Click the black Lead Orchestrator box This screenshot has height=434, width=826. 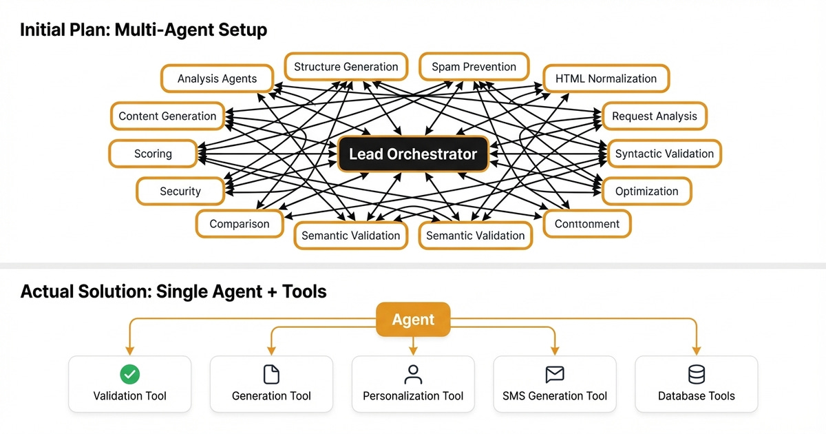(412, 154)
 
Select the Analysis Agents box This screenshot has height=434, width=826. (217, 79)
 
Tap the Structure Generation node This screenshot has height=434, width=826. (346, 67)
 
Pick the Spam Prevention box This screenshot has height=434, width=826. (474, 67)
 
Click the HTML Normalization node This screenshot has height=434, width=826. (606, 79)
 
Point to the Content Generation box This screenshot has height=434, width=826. (167, 116)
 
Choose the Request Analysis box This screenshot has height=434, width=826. (654, 116)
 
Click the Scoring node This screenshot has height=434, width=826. (153, 154)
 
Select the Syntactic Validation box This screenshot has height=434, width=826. (664, 154)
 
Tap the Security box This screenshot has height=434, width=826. (180, 192)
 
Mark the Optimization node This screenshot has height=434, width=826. (646, 192)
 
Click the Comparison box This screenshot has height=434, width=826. (239, 224)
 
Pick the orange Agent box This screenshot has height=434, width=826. (413, 320)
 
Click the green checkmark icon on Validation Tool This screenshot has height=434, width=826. (129, 374)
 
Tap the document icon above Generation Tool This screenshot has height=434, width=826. (271, 374)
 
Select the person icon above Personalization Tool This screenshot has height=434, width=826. (413, 374)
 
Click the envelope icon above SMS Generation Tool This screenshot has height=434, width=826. (555, 374)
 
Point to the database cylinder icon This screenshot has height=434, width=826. (697, 374)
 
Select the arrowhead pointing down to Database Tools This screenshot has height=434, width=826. (697, 349)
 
